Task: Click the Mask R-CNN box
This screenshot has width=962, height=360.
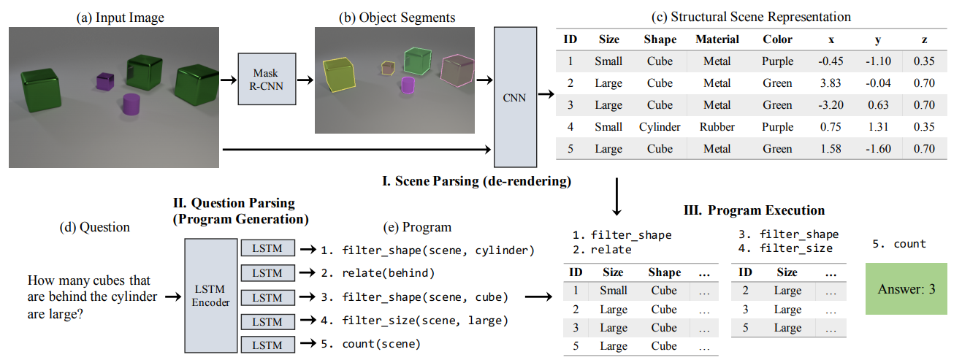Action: [267, 79]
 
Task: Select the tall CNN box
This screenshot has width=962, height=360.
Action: [515, 97]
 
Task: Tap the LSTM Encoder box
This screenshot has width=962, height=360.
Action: [211, 296]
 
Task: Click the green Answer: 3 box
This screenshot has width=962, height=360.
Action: [906, 288]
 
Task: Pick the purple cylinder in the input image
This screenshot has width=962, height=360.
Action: [131, 104]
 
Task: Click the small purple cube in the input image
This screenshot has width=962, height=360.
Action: [105, 82]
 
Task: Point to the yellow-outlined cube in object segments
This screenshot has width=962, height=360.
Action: [339, 74]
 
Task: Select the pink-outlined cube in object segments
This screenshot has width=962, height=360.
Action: [458, 70]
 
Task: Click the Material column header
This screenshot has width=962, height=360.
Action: [717, 39]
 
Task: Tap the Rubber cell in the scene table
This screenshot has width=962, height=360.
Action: [717, 127]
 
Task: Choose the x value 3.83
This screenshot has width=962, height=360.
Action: [831, 83]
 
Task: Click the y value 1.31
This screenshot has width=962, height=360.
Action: [878, 127]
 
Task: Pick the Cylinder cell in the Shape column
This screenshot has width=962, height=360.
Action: [660, 127]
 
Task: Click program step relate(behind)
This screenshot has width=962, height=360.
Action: [389, 273]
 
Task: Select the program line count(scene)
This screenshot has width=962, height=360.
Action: [381, 344]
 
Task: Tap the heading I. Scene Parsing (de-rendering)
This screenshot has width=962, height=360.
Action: [477, 181]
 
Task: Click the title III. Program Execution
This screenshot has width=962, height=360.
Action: [754, 210]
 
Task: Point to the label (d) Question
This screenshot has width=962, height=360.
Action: [94, 227]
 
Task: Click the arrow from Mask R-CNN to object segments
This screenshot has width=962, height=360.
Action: [305, 80]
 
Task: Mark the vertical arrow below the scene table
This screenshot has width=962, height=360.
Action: [616, 196]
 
